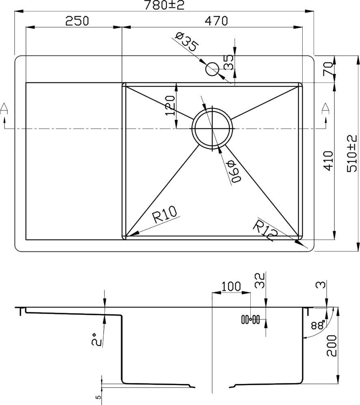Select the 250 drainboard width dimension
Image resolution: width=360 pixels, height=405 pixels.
tap(77, 20)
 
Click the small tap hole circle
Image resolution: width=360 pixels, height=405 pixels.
tap(212, 69)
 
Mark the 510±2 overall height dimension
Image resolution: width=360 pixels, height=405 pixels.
tap(351, 154)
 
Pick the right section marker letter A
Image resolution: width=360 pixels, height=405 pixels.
tap(325, 108)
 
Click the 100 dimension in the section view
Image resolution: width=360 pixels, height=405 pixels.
tap(232, 286)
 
